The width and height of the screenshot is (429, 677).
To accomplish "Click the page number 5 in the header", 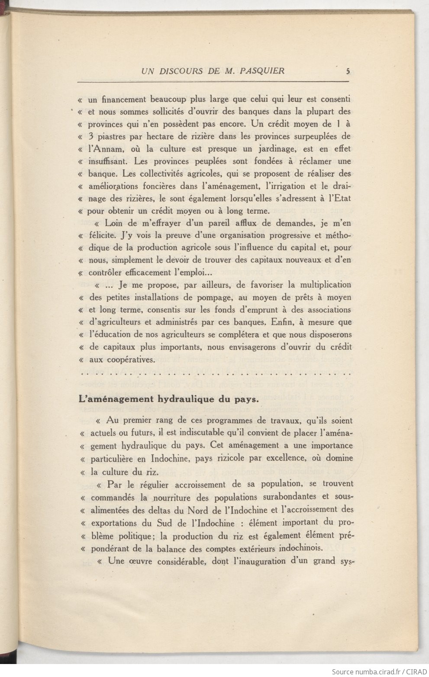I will pyautogui.click(x=348, y=72).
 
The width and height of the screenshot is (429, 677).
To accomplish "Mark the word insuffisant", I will pyautogui.click(x=108, y=162).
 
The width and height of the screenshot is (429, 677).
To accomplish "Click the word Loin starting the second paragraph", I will pyautogui.click(x=114, y=223).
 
